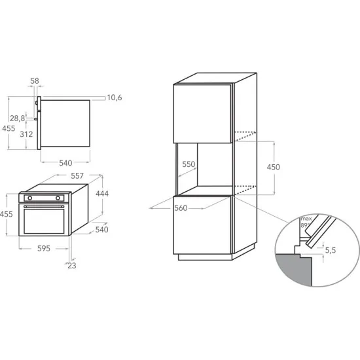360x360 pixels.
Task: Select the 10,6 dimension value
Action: (x=115, y=98)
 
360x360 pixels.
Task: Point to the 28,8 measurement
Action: (x=18, y=118)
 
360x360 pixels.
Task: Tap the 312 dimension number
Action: (x=26, y=134)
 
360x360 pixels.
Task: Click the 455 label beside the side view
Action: (x=8, y=128)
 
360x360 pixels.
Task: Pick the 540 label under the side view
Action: (x=65, y=162)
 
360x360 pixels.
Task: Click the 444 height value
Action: (x=101, y=194)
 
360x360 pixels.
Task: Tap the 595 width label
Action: (x=44, y=249)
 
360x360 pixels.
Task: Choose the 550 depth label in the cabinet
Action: (x=189, y=165)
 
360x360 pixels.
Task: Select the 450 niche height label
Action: (x=273, y=167)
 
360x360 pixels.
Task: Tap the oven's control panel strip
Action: (x=45, y=197)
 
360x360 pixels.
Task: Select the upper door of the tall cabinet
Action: (x=204, y=113)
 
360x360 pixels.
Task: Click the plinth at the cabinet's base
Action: (x=206, y=257)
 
